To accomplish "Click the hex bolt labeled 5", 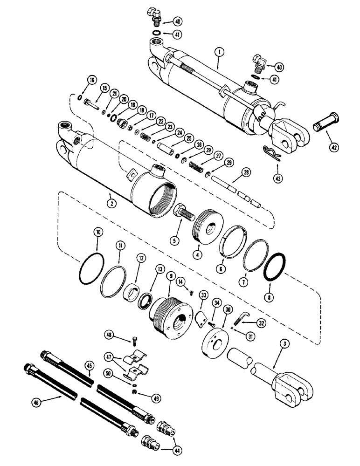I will [x=183, y=217].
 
